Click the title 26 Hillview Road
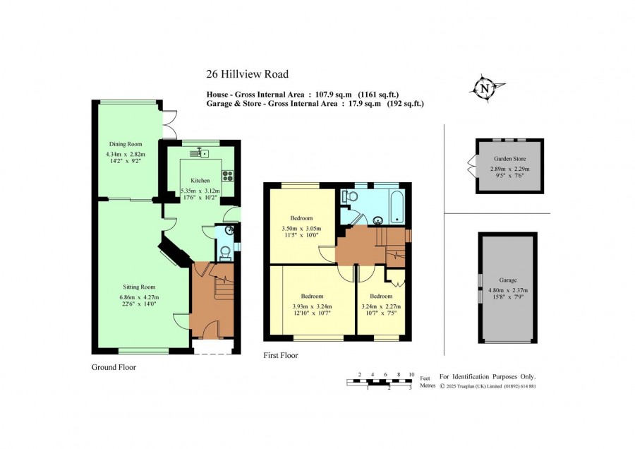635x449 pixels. (248, 74)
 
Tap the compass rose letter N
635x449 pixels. (484, 88)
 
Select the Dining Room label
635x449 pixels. (126, 144)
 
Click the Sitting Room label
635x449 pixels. (139, 287)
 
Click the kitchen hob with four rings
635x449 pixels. (228, 176)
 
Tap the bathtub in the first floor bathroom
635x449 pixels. (397, 207)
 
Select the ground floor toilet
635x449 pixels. (225, 253)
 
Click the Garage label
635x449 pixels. (508, 280)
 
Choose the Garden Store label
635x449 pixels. (510, 159)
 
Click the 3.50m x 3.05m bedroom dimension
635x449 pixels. (302, 229)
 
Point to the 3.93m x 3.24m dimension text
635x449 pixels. (313, 306)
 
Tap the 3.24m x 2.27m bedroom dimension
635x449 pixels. (381, 306)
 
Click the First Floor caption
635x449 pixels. (281, 355)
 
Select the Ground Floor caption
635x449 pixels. (114, 367)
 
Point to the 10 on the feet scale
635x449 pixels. (411, 374)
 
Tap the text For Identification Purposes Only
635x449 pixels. (488, 377)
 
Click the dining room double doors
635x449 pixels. (170, 124)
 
